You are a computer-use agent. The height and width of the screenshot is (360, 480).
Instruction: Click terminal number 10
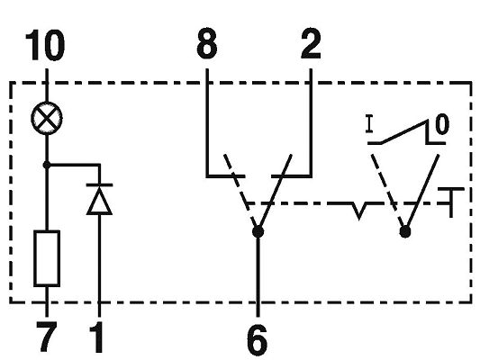point(45,45)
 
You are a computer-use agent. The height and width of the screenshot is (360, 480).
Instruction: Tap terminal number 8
point(206,43)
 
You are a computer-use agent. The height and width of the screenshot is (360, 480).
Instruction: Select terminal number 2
point(311,44)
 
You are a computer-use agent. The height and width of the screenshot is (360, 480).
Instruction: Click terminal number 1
point(97,338)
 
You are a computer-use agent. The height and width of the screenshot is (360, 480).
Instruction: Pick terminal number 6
point(258,340)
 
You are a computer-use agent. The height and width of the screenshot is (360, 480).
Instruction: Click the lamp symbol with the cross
point(47,119)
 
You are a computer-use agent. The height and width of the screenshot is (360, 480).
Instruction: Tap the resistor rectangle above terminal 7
point(47,258)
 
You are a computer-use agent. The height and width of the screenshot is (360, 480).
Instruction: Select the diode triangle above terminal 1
point(99,202)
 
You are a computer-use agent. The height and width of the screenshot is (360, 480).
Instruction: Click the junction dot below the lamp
point(47,166)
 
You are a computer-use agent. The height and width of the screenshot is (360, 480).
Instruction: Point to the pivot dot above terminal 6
point(258,232)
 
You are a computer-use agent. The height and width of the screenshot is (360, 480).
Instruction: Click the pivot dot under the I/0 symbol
point(405,231)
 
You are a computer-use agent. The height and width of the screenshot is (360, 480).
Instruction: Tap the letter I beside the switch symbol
point(370,124)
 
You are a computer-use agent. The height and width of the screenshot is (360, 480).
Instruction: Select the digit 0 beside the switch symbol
point(442,124)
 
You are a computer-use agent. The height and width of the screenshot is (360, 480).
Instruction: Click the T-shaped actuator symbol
point(450,202)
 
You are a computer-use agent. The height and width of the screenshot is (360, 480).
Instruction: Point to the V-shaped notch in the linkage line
point(359,211)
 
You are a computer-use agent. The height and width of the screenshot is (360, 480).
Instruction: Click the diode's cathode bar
point(99,184)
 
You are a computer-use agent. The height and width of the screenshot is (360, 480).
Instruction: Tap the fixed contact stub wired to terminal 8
point(226,176)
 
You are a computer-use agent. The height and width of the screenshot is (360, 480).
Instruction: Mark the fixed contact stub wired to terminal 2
point(292,176)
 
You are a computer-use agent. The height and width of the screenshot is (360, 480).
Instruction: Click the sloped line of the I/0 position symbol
point(403,131)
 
